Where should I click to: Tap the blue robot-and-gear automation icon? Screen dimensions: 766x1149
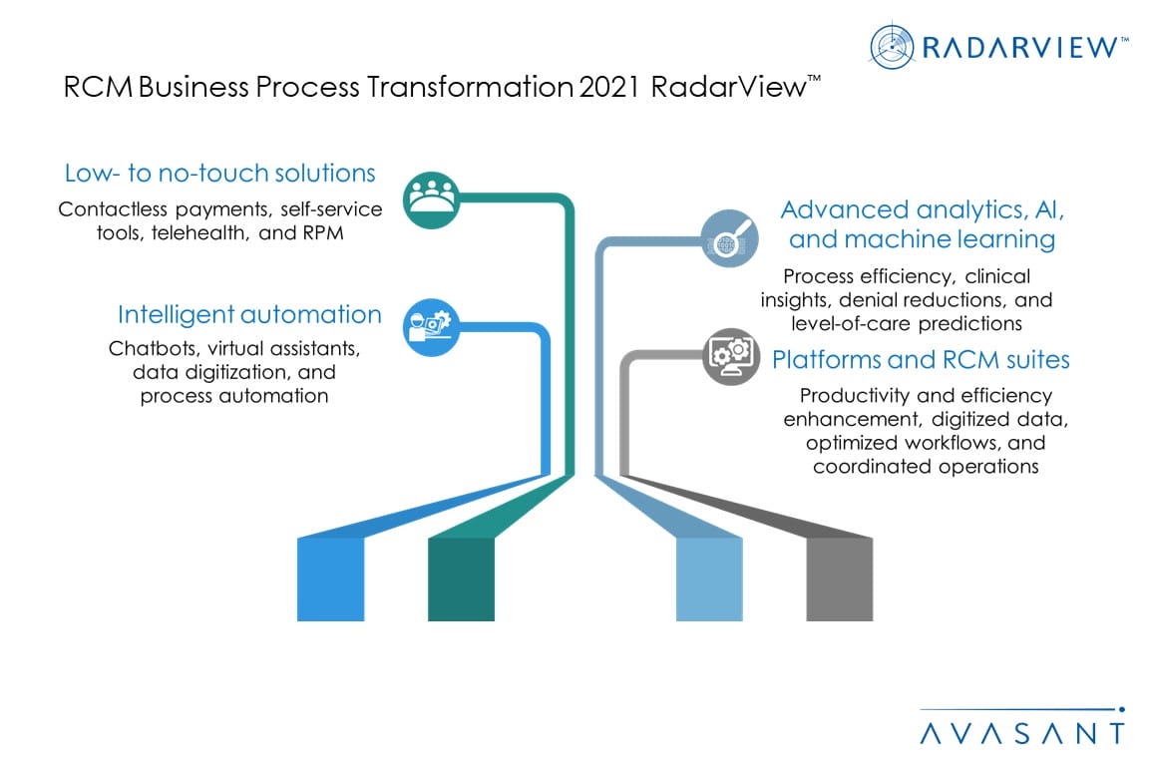tap(432, 326)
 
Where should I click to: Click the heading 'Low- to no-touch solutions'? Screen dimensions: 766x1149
tap(219, 174)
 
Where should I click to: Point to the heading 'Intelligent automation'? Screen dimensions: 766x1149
tap(249, 315)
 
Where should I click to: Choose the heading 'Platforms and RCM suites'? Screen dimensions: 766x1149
tap(921, 359)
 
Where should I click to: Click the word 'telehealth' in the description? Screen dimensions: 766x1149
tap(192, 232)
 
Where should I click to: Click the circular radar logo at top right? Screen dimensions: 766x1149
tap(892, 48)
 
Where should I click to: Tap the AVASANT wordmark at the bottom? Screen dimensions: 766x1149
tap(1021, 733)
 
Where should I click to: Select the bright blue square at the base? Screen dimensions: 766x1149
tap(330, 579)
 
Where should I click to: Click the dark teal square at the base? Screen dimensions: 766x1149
tap(461, 579)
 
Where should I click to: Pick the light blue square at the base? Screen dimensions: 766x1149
tap(709, 579)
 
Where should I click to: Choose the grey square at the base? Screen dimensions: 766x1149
tap(840, 579)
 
